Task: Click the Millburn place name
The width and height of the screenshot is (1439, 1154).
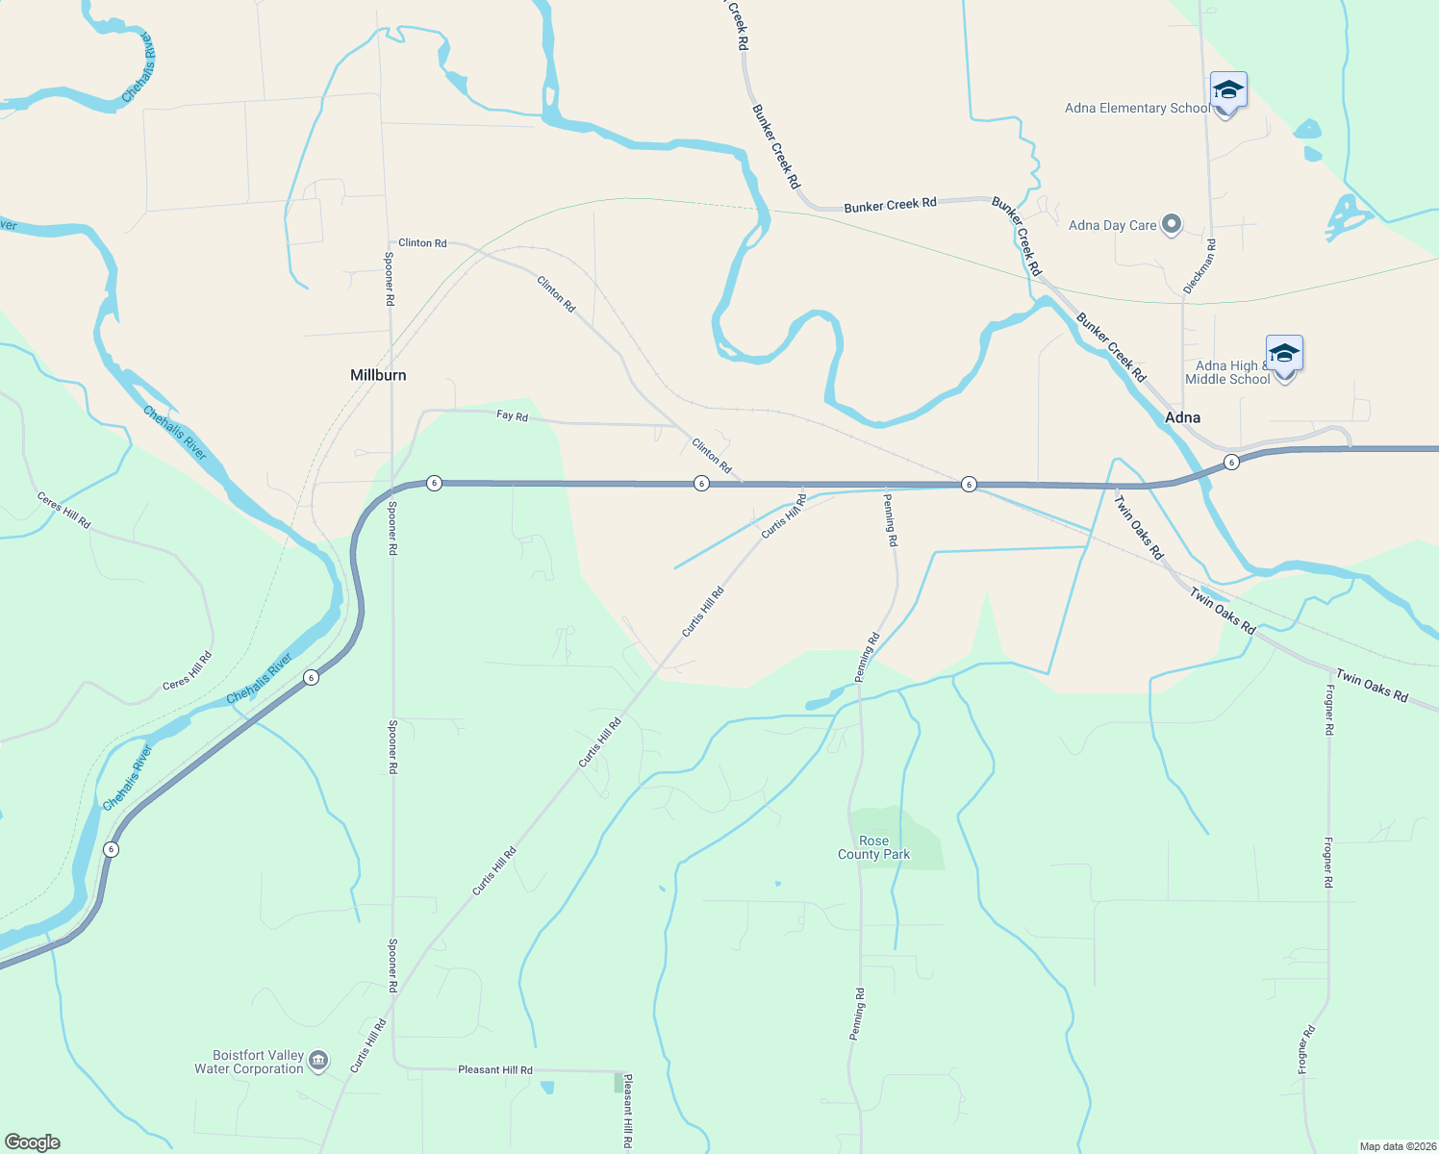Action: click(x=378, y=375)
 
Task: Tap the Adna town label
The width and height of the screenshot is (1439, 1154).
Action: click(x=1182, y=417)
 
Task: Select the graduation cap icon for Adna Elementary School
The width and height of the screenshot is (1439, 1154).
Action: click(x=1228, y=91)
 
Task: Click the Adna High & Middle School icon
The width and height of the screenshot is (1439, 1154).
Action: click(x=1284, y=355)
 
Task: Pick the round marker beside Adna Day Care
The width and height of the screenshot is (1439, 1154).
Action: click(x=1171, y=225)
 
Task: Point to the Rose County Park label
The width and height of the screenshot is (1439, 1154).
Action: click(x=873, y=847)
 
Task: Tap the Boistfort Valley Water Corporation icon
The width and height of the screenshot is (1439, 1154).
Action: click(x=318, y=1062)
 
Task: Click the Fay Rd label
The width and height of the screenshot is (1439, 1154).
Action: click(x=512, y=416)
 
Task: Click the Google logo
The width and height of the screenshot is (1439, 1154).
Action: click(x=33, y=1142)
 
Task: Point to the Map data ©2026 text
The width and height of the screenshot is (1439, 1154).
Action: click(x=1397, y=1146)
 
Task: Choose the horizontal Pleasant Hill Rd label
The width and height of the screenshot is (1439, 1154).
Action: click(x=494, y=1069)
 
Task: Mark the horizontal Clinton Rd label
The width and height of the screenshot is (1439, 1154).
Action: click(x=422, y=242)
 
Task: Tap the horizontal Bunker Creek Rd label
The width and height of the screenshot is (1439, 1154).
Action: click(x=890, y=206)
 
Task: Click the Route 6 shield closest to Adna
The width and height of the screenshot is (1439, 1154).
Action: click(x=1231, y=464)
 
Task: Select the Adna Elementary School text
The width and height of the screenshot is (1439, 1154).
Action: click(x=1137, y=109)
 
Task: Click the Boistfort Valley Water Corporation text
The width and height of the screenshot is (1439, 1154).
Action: click(x=249, y=1062)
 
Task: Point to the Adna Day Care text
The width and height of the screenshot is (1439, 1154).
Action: click(x=1113, y=225)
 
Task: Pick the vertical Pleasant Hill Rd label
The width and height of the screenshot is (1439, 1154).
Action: click(x=627, y=1111)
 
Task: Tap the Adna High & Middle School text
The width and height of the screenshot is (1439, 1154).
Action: click(x=1228, y=372)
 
